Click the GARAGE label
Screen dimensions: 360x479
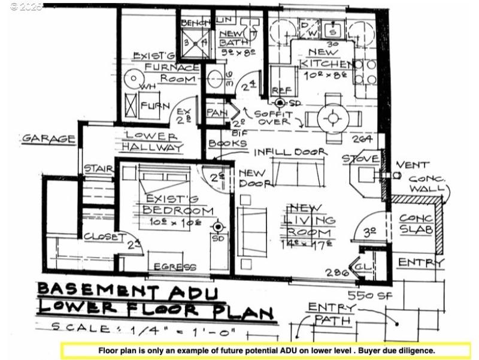49,139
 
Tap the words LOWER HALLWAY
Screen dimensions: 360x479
153,141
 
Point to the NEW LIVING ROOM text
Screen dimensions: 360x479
310,220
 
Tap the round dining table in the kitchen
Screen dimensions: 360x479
331,116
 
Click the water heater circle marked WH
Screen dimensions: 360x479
132,79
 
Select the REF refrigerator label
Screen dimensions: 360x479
281,90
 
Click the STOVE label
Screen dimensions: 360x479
360,159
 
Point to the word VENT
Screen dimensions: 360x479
412,164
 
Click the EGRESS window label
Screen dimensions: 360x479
174,267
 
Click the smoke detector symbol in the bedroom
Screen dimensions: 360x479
219,227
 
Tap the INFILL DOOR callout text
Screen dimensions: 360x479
289,152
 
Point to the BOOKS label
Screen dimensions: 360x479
228,144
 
